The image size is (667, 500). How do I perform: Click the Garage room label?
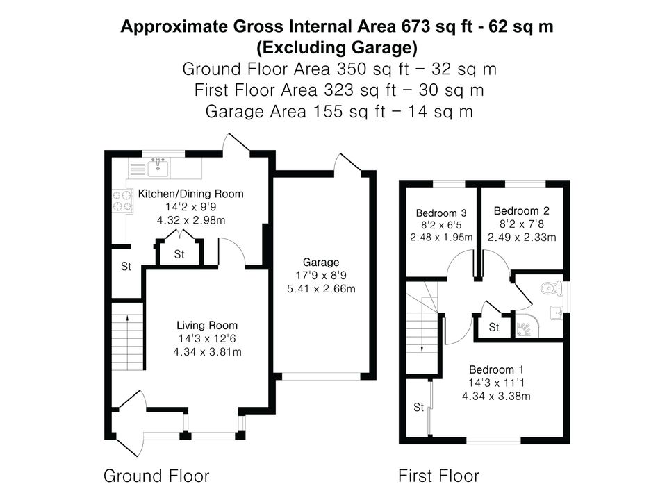coord(321,262)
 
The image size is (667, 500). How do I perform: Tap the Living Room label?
coord(207,326)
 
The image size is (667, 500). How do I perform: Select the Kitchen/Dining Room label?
coord(191,194)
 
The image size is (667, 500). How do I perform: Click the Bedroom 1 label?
coord(496,369)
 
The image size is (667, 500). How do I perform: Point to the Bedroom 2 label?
coord(522,211)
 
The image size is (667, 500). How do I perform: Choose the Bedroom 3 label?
coord(441,213)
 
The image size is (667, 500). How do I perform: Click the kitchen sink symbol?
coord(158,167)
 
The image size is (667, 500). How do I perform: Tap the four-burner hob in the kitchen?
coord(122,201)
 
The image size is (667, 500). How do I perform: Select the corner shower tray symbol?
coord(527,326)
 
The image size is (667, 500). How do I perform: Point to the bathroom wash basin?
coord(557,313)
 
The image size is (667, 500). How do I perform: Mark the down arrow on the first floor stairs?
coord(422,337)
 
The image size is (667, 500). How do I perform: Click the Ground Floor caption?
coord(156,476)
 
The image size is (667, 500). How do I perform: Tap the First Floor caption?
coord(438,476)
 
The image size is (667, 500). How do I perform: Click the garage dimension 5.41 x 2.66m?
coord(321,289)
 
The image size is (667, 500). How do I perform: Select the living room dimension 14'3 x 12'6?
coord(207,339)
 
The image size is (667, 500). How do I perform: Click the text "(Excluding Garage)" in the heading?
coord(337,47)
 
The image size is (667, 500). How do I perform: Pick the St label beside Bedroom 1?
coord(418,408)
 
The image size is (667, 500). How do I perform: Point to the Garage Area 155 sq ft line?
coord(339,112)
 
